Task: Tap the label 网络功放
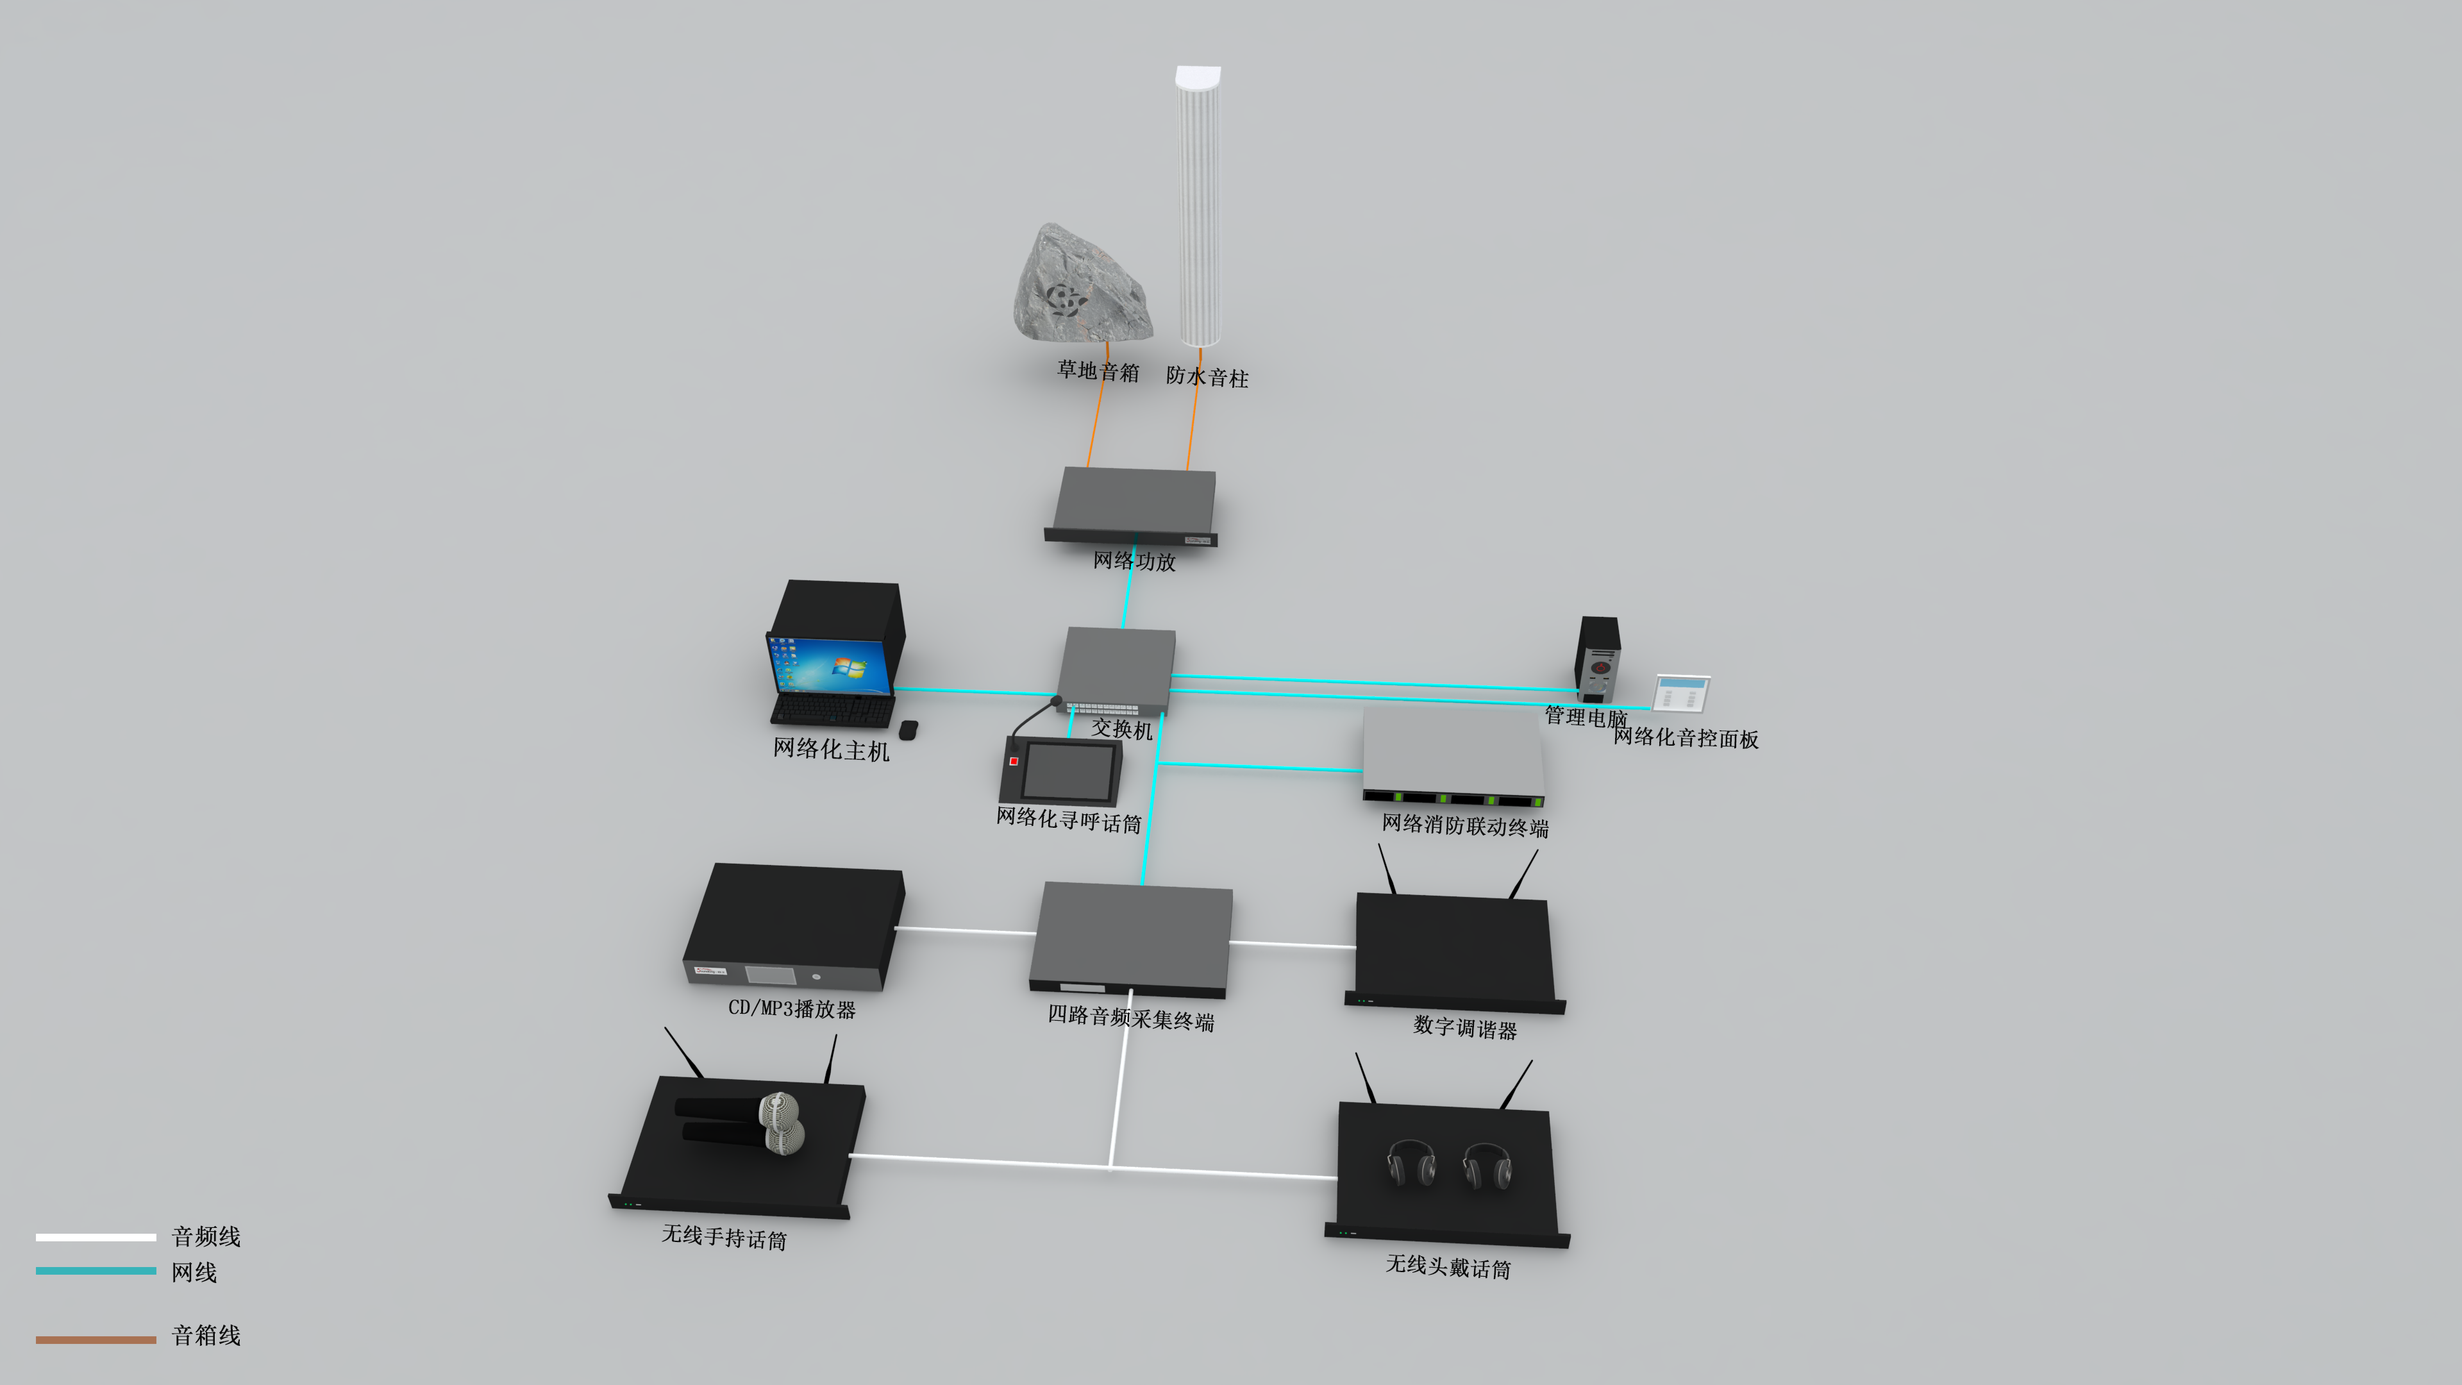coord(1134,561)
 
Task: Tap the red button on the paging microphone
coord(1013,761)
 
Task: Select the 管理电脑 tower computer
coord(1597,660)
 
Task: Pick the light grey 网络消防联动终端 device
coord(1453,755)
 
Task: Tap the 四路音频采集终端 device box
coord(1132,937)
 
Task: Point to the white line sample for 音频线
coord(96,1237)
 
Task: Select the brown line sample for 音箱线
coord(96,1339)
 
